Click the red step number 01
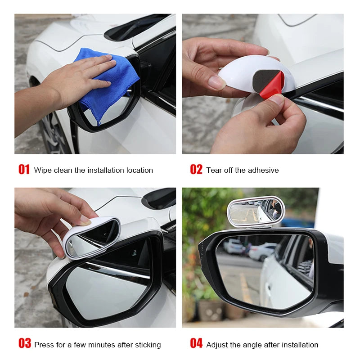(x=24, y=170)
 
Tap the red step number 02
(x=196, y=170)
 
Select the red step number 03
(x=24, y=344)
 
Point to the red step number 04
(x=196, y=344)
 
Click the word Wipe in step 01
(x=43, y=170)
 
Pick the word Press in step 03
(x=44, y=345)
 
